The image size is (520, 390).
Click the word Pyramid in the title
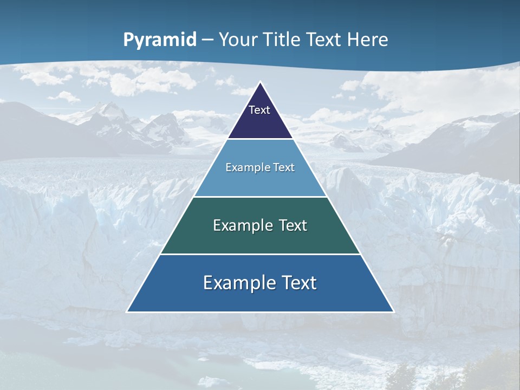point(160,40)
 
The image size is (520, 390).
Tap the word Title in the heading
point(284,40)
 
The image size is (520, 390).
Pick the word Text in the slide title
point(324,40)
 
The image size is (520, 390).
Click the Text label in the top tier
point(259,110)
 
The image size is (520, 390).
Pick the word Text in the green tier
point(292,225)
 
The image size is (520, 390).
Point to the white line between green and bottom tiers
point(260,254)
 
